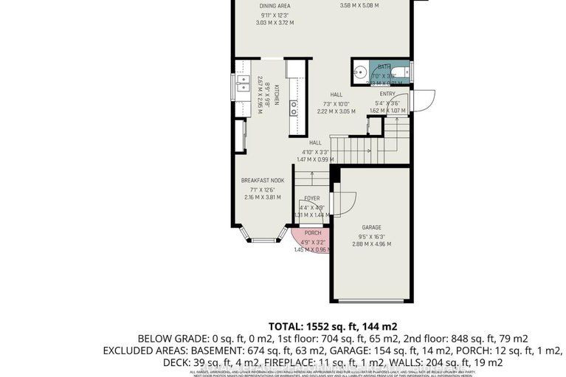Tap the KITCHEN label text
point(277,94)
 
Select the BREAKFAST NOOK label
point(262,180)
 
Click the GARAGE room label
point(370,228)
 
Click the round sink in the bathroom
point(360,75)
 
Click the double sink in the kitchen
point(242,91)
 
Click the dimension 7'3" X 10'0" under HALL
point(336,103)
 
